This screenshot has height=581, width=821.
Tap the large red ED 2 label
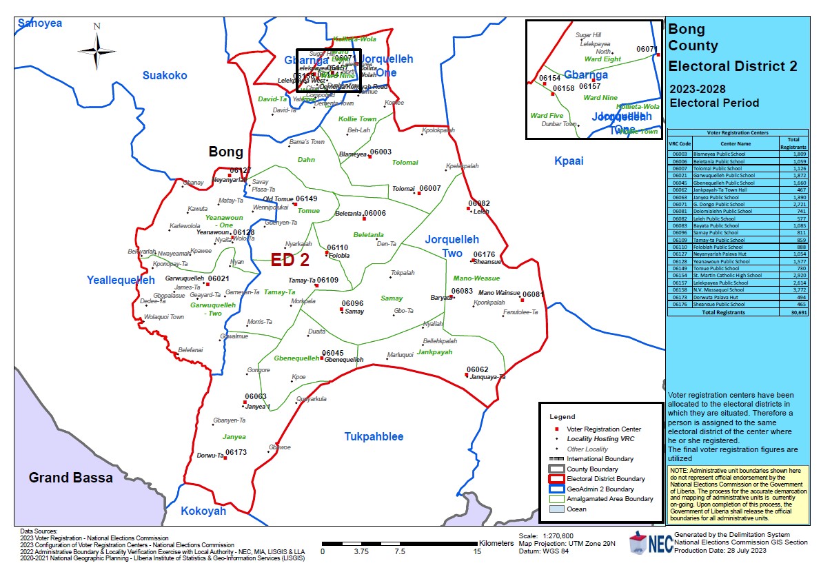click(x=290, y=260)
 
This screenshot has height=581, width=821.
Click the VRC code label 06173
click(x=236, y=452)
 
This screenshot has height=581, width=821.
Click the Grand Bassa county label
click(x=71, y=477)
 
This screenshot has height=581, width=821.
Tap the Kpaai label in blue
click(x=569, y=161)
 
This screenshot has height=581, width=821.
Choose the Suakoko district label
click(x=164, y=75)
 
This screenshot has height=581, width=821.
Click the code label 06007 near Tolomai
click(x=429, y=188)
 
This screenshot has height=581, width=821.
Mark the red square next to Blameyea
click(x=369, y=156)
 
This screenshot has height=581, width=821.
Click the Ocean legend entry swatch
click(x=556, y=509)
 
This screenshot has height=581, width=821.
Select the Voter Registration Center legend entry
click(x=603, y=429)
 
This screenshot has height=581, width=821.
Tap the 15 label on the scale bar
click(x=478, y=551)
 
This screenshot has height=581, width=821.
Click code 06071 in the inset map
click(x=647, y=49)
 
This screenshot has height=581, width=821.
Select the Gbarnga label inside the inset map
click(x=586, y=74)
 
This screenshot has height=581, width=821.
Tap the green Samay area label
click(x=392, y=298)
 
